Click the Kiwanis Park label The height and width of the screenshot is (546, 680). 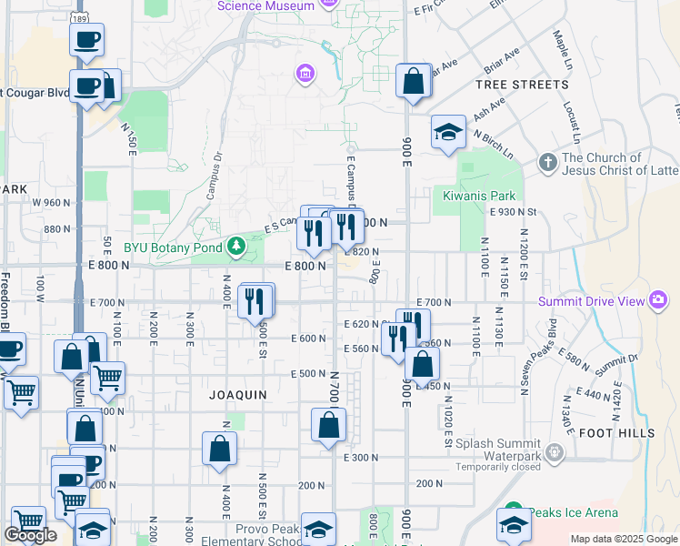point(479,196)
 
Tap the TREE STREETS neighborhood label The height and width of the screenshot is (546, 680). point(522,85)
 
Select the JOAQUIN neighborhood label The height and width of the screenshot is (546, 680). point(237,395)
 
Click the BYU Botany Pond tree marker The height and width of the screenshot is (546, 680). point(236,246)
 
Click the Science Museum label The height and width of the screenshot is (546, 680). point(266,6)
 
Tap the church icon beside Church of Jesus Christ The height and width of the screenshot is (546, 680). point(547,163)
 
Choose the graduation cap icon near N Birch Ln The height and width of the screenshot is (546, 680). point(448,132)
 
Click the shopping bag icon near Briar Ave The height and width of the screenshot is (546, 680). point(414,81)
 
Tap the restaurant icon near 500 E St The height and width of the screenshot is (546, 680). point(255,299)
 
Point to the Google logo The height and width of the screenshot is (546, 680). point(30,535)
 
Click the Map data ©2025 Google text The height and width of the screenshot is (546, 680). point(623,539)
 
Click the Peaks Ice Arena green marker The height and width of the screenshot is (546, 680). point(512,513)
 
